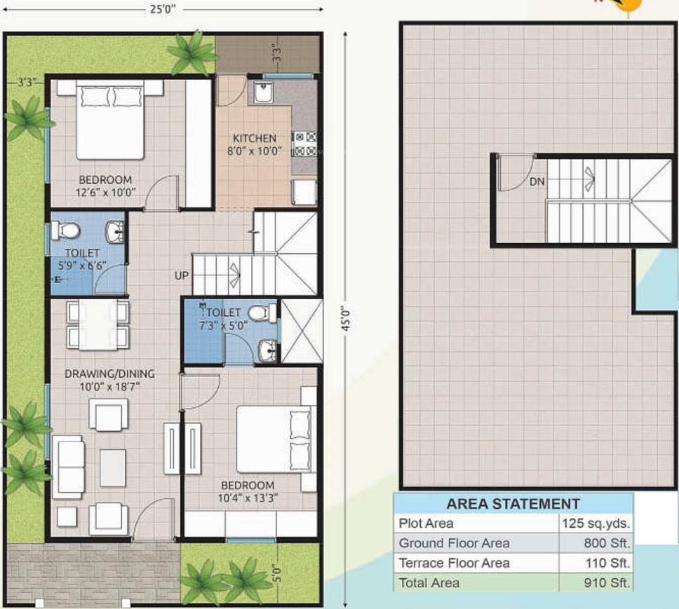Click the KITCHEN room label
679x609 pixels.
(255, 138)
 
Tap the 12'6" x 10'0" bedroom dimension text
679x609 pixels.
(107, 193)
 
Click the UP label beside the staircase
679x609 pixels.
(182, 275)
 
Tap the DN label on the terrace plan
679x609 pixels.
(537, 182)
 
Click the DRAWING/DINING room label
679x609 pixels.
(109, 374)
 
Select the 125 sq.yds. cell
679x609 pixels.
(596, 523)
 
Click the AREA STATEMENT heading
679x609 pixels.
(513, 503)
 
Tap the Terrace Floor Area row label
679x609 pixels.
(454, 563)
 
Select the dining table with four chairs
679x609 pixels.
(98, 325)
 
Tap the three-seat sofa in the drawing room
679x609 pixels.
(68, 466)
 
